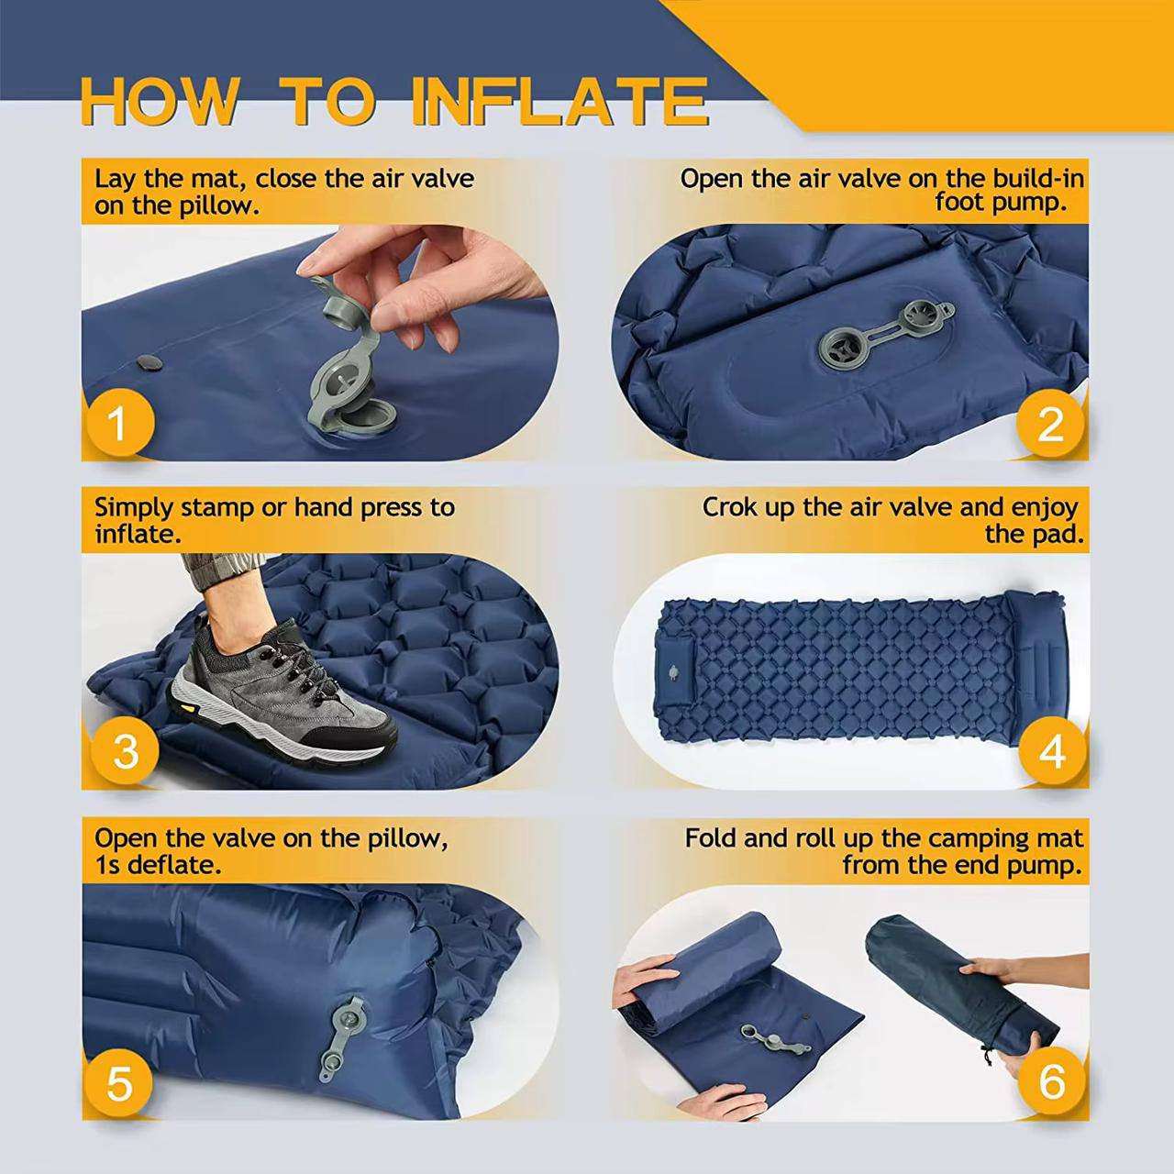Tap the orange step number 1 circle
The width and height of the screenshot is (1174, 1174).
point(116,423)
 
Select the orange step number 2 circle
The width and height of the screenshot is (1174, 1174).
point(1051,423)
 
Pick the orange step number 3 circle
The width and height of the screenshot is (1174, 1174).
point(125,751)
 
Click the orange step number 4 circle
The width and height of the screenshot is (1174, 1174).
point(1052,751)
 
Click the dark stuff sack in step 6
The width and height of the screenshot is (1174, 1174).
point(954,991)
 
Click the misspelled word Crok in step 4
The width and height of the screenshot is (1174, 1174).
point(729,507)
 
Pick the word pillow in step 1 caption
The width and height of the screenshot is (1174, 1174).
point(217,205)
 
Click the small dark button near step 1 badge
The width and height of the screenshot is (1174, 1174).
point(150,363)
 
